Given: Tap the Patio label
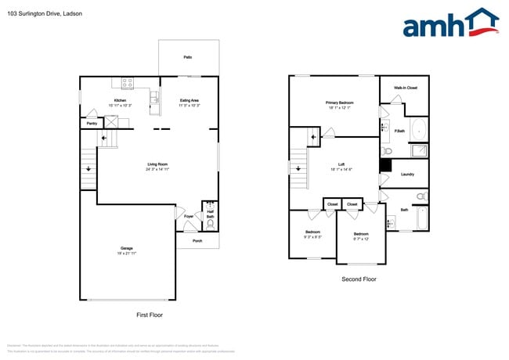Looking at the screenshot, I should [x=188, y=57].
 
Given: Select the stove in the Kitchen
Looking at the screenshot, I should [x=127, y=83].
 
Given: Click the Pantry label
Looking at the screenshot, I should [x=92, y=123].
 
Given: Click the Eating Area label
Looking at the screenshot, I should [x=190, y=100].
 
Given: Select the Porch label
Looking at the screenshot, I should [x=197, y=241].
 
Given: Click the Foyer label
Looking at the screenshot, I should [x=189, y=216].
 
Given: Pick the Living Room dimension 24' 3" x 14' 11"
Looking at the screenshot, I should [x=158, y=169].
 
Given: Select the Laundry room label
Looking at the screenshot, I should [x=407, y=174].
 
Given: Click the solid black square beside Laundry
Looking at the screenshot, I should [x=384, y=165].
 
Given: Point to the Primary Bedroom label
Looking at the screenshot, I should [x=340, y=103].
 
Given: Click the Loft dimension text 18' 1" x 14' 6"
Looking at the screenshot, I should [x=341, y=169].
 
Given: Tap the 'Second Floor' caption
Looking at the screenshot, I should [x=359, y=279].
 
